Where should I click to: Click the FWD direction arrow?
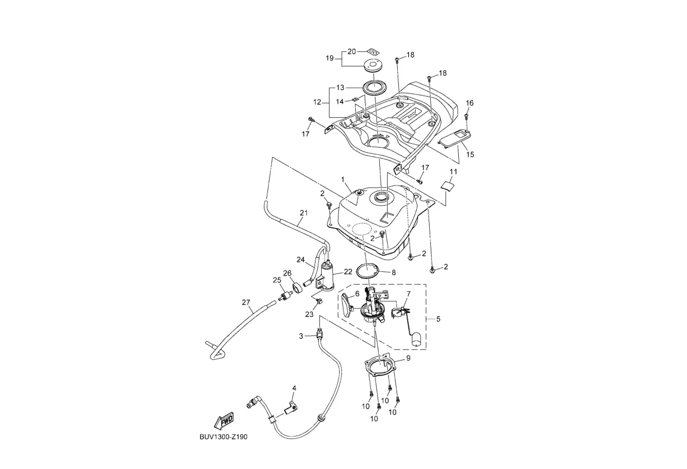coord(223,421)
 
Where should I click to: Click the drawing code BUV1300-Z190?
coord(223,437)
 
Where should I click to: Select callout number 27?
coord(246,302)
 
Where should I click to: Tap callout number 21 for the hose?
coord(304,213)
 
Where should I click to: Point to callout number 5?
coord(438,319)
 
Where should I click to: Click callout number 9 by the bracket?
coord(408,359)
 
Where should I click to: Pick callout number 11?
coord(453,172)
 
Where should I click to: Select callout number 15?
coord(470,154)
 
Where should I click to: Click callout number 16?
coord(469,103)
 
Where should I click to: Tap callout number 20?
coord(351,51)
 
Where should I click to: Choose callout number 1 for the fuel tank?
coord(343,179)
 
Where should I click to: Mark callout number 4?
coord(294,387)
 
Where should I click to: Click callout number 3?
coord(301,336)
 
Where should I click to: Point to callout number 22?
coord(348,272)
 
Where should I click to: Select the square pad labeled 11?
coord(447,185)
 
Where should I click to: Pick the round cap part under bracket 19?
coord(369,64)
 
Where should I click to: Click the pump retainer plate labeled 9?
coord(380,369)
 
